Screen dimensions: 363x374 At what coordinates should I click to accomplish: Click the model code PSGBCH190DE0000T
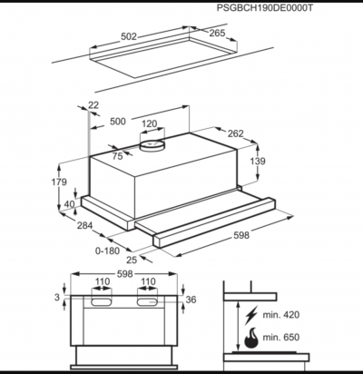click(265, 7)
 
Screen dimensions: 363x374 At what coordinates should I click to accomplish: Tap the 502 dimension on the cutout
click(129, 36)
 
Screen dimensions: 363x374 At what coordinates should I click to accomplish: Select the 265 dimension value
click(217, 33)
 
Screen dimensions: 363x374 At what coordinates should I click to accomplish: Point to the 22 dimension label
click(93, 104)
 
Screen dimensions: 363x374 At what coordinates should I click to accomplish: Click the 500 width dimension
click(118, 122)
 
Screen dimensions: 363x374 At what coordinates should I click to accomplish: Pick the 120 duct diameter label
click(150, 123)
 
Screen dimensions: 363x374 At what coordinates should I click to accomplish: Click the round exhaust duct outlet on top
click(152, 145)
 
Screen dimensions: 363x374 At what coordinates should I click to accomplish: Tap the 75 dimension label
click(117, 156)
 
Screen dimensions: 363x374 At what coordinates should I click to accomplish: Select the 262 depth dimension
click(235, 133)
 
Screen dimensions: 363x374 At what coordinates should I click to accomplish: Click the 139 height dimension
click(258, 161)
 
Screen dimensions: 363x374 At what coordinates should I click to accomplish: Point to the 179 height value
click(59, 182)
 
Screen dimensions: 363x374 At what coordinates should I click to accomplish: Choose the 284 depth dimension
click(84, 225)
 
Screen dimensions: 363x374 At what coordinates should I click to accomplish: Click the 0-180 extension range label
click(108, 251)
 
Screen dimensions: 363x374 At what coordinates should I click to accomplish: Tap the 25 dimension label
click(132, 260)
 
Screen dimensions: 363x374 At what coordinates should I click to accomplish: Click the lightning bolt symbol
click(251, 315)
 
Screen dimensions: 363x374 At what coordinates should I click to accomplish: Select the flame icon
click(251, 338)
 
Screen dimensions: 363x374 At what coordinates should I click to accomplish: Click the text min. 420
click(281, 315)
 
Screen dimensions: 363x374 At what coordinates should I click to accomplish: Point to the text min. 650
click(281, 337)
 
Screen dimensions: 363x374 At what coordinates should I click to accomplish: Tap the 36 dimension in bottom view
click(191, 300)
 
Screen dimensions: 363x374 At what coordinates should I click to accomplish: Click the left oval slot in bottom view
click(102, 301)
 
